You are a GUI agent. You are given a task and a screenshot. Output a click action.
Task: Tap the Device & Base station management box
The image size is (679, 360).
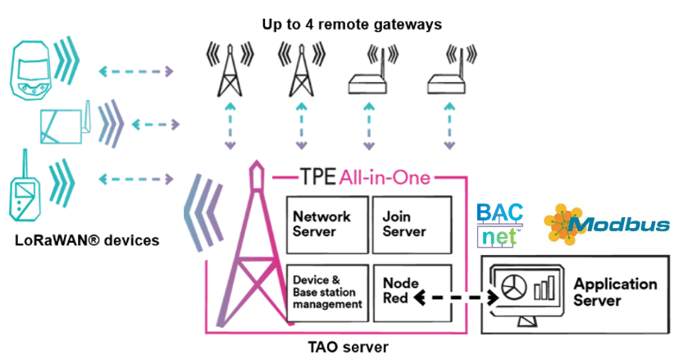tap(326, 292)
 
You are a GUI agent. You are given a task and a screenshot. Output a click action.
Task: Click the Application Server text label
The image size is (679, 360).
tap(615, 292)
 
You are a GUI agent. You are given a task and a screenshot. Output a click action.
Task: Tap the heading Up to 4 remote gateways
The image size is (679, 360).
tap(352, 25)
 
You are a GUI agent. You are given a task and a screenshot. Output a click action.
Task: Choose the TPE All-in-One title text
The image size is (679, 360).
tap(361, 176)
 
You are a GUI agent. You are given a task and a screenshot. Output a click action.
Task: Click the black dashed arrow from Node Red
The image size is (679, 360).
tap(456, 298)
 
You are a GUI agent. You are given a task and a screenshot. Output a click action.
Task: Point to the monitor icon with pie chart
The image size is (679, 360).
tap(523, 292)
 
